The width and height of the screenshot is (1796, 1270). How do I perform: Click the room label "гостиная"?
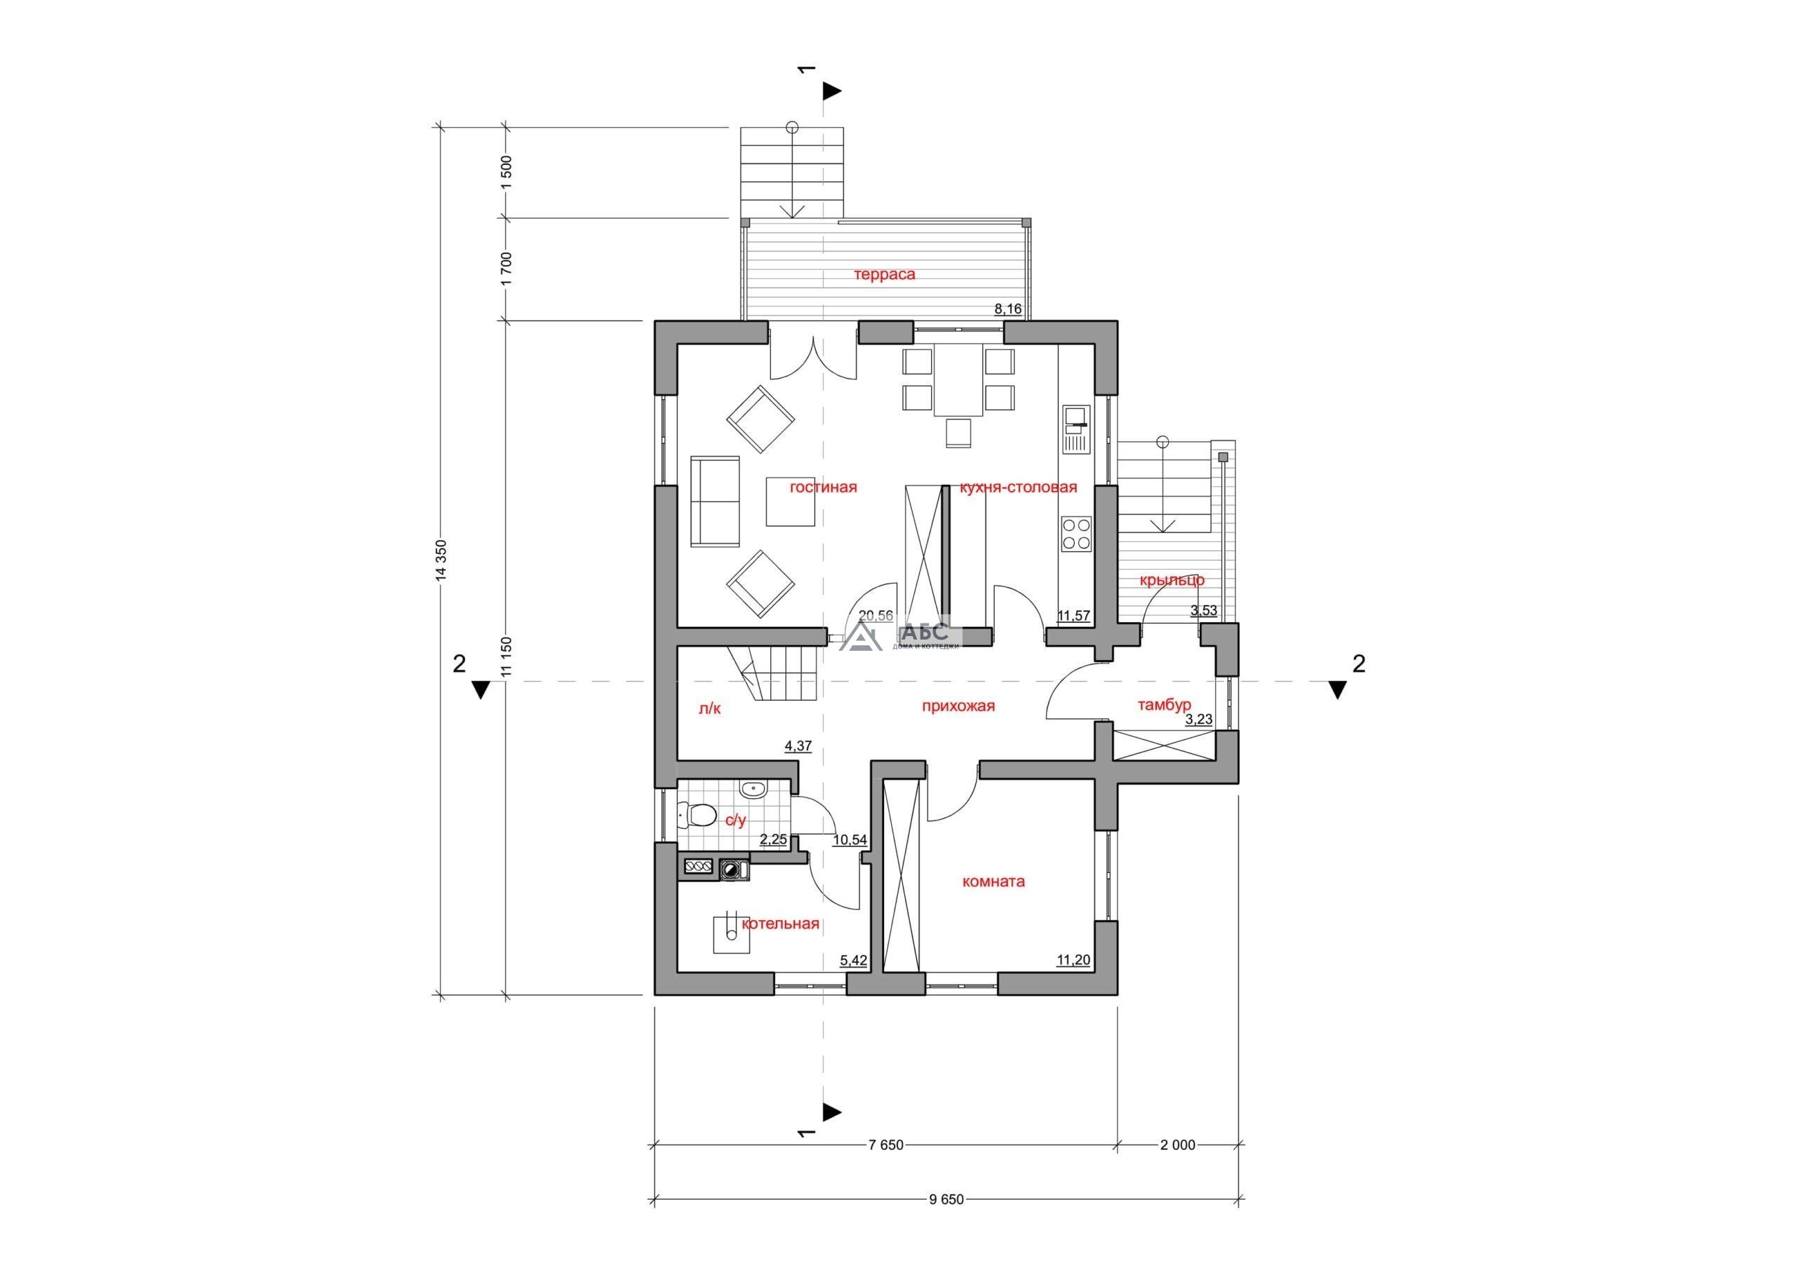(x=823, y=487)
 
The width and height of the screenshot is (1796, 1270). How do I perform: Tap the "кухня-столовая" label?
(x=1019, y=487)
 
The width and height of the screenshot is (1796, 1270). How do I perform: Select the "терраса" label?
(x=885, y=274)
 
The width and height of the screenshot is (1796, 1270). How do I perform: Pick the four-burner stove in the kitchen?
(x=1075, y=534)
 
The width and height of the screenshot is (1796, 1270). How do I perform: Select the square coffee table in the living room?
(x=791, y=501)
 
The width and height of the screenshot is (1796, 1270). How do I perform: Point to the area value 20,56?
(x=876, y=616)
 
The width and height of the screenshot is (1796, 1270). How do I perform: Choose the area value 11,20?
(x=1073, y=960)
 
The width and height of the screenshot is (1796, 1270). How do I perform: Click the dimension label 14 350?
(x=443, y=561)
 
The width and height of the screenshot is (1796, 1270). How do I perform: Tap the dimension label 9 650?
(x=947, y=1222)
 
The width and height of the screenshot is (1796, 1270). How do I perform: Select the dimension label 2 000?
(x=1178, y=1168)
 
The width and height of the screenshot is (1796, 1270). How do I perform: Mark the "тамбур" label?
(x=1164, y=705)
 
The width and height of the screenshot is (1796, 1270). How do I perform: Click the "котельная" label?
(x=781, y=924)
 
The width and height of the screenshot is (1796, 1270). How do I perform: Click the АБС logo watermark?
(x=900, y=637)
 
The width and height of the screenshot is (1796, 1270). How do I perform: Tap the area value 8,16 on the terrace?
(x=1007, y=309)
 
